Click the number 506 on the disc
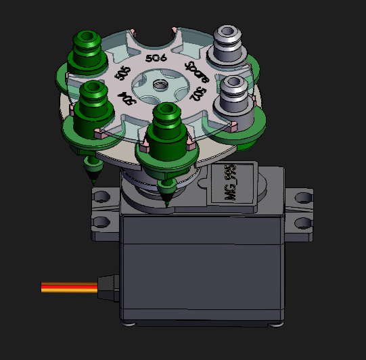click(156, 59)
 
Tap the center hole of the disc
click(160, 85)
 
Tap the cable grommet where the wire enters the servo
click(108, 287)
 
